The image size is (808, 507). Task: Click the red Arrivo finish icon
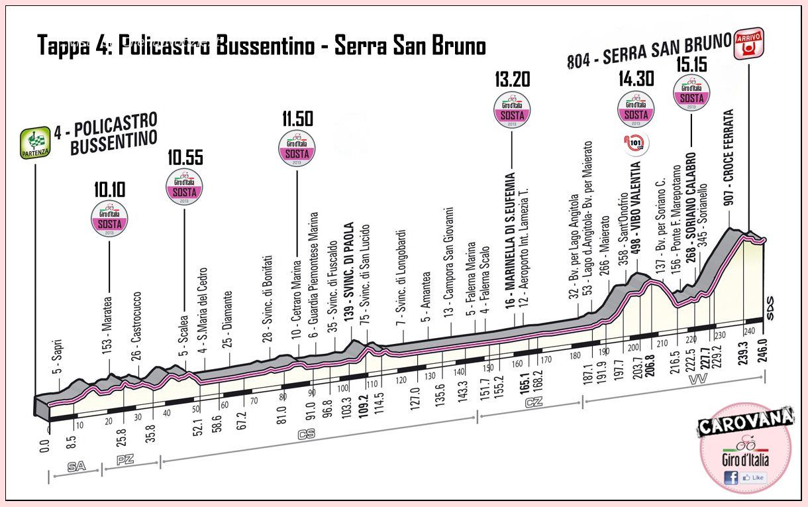click(x=748, y=44)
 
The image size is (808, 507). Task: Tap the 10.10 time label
click(x=110, y=190)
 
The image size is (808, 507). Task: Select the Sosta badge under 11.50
click(x=297, y=149)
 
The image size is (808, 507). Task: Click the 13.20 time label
click(x=513, y=80)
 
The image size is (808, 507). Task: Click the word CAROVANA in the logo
click(x=745, y=422)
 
